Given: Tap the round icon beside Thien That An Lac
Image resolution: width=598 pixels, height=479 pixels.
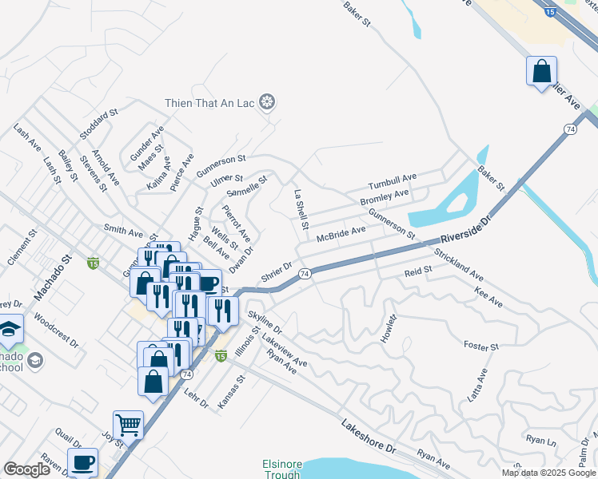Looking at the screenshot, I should tap(268, 102).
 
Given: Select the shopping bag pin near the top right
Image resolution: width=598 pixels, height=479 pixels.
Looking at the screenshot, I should tap(541, 71).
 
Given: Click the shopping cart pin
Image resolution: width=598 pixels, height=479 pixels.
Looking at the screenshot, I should tap(128, 425).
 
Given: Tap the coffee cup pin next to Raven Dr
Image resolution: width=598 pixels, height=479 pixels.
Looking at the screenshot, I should tap(82, 462).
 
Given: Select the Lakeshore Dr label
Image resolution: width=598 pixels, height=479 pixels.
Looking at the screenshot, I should tap(369, 436).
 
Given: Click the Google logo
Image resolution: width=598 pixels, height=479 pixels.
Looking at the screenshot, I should tap(27, 469).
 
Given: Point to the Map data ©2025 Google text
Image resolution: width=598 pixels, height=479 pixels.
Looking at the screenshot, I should tap(548, 473).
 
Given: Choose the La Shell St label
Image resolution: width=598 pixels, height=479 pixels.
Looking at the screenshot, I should tap(301, 210).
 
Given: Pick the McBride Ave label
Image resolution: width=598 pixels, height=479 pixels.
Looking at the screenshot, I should tap(341, 234).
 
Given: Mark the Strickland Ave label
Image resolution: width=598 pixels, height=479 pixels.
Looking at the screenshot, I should tap(459, 264).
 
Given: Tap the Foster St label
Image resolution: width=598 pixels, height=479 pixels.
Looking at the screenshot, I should tap(481, 346).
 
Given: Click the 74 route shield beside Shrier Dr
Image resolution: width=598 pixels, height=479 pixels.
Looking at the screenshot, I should tap(304, 274).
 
